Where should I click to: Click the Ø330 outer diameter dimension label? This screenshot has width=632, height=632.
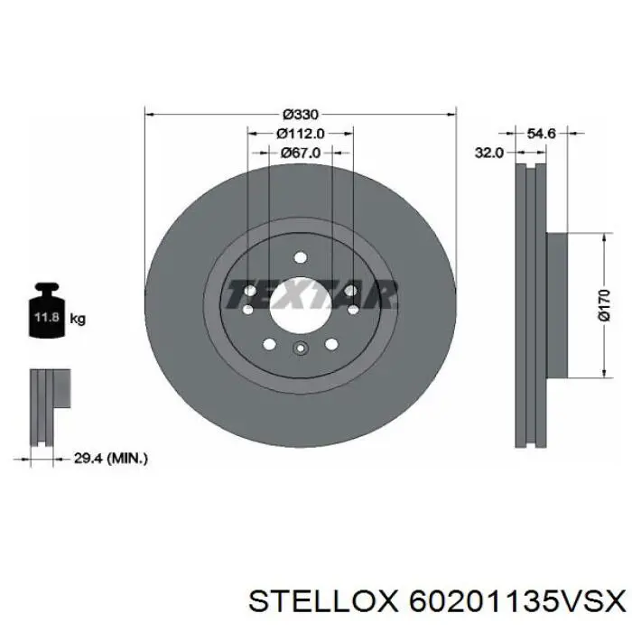301,115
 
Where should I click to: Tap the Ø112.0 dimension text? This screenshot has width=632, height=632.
301,134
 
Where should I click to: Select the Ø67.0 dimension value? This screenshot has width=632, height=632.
301,153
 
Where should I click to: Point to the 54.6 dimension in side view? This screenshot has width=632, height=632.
542,133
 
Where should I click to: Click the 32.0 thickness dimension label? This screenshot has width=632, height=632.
489,153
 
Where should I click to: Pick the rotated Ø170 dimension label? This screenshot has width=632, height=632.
604,305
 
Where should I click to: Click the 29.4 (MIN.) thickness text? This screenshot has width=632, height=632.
111,459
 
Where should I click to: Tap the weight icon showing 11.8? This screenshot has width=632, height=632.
47,310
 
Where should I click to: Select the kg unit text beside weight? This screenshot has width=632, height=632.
78,319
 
